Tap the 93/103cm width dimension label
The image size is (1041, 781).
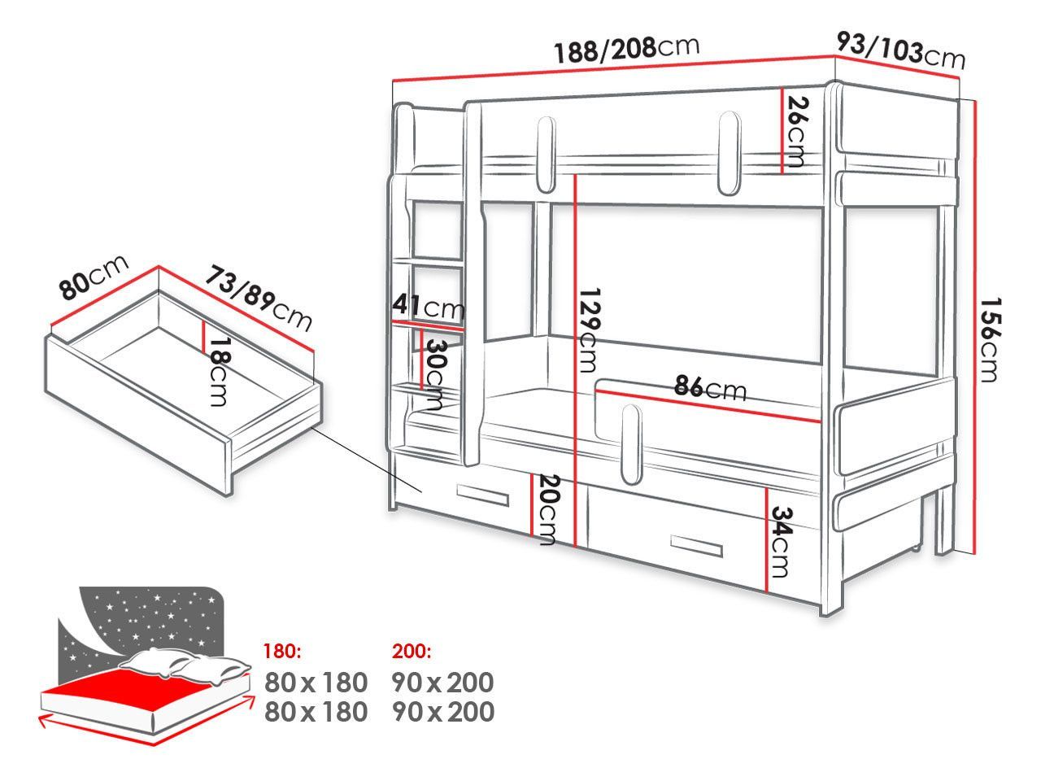coord(900,51)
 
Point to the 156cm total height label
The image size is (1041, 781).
coord(991,339)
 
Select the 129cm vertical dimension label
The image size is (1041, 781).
coord(590,330)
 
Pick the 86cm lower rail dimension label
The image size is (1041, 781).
coord(710,388)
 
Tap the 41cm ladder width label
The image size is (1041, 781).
coord(428,307)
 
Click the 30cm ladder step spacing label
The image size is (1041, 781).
coord(436,374)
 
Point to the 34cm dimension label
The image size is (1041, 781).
coord(781,542)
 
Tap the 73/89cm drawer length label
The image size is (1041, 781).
coord(259,299)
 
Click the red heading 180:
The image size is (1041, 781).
coord(282,652)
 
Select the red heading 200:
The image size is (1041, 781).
coord(412,652)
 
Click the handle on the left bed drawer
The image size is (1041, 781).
coord(482,495)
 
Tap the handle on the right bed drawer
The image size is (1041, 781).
coord(697,546)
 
